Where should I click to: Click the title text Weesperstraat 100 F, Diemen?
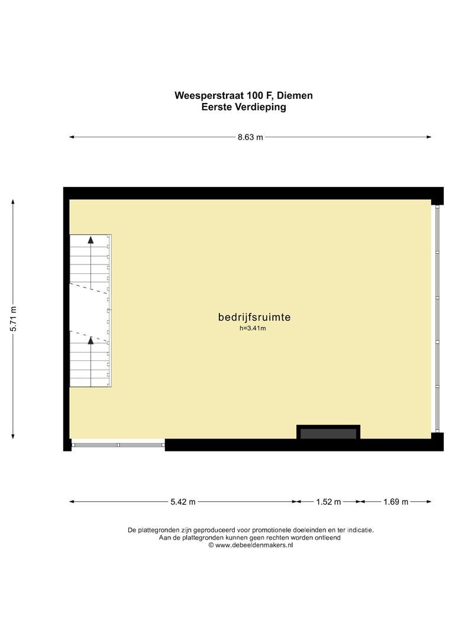click(x=243, y=95)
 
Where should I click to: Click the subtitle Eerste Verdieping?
click(x=243, y=107)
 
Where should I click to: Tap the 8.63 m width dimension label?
click(x=250, y=137)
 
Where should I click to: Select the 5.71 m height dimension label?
click(x=13, y=319)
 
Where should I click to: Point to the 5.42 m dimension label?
click(x=183, y=502)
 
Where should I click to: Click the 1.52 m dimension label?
click(x=328, y=502)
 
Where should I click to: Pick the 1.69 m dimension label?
click(x=396, y=502)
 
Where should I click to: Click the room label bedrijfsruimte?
click(x=254, y=317)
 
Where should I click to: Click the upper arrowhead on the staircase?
click(x=91, y=240)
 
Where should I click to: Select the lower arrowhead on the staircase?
click(x=91, y=340)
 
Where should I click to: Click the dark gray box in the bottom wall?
click(x=328, y=434)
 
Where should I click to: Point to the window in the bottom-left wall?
click(x=117, y=444)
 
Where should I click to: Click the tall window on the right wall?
click(x=438, y=319)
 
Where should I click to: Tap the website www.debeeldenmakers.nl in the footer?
click(x=254, y=546)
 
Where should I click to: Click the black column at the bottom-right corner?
click(x=437, y=441)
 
